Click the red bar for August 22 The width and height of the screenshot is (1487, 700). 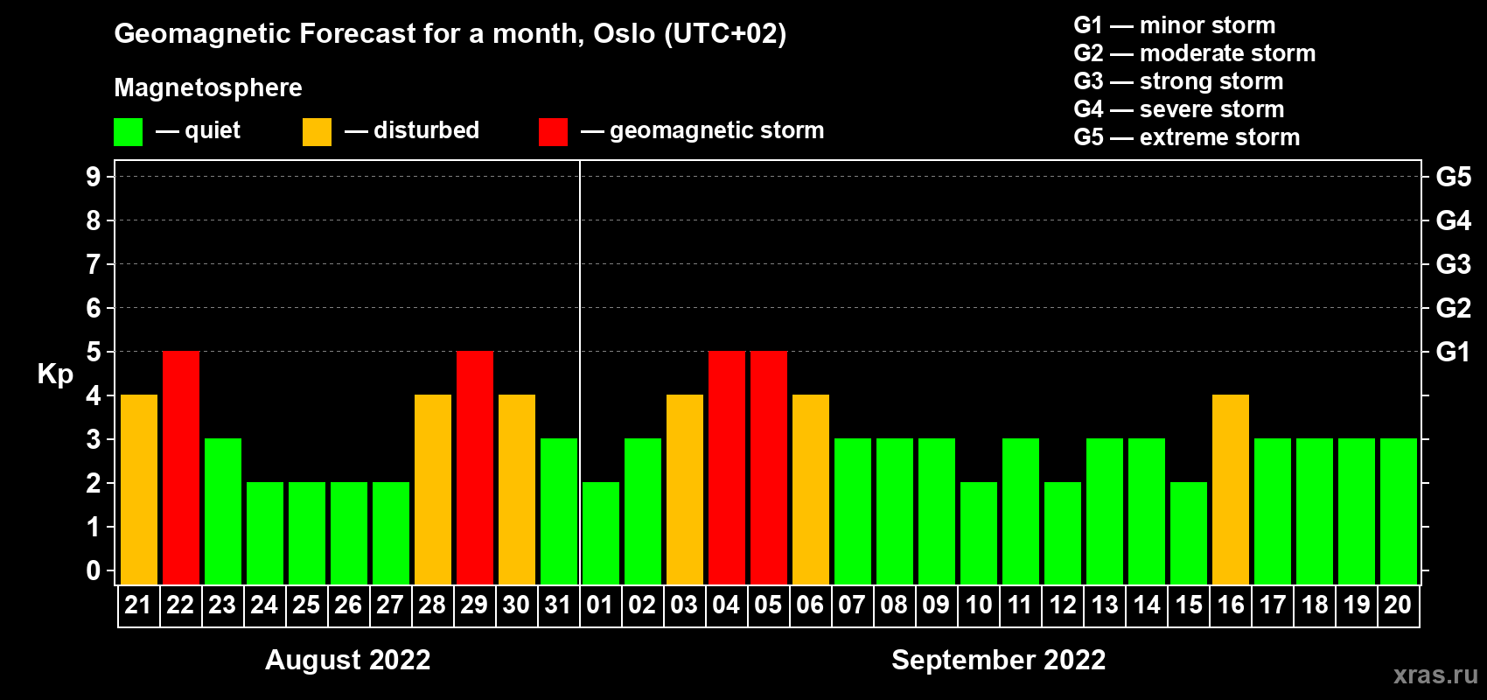[x=181, y=467]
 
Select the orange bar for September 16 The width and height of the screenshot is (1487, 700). [x=1231, y=489]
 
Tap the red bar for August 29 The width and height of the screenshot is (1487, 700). [x=475, y=467]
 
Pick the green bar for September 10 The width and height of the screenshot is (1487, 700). [x=979, y=533]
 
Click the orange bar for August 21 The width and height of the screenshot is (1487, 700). [x=139, y=489]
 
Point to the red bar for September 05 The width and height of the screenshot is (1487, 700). [x=769, y=467]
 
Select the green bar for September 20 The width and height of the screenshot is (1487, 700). [x=1399, y=511]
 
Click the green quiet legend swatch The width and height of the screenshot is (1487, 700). [x=128, y=131]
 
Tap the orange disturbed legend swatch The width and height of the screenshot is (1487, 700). [x=317, y=131]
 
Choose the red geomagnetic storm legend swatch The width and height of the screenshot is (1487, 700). [x=553, y=131]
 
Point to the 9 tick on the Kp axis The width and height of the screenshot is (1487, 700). [x=93, y=177]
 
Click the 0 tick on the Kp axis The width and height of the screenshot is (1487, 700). [x=93, y=570]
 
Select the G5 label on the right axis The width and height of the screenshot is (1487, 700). [x=1454, y=177]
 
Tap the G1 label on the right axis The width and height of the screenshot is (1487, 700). [x=1453, y=352]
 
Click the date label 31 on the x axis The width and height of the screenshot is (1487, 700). [x=558, y=605]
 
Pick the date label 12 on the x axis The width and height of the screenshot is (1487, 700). [x=1063, y=605]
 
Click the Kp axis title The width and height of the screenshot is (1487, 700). [x=55, y=374]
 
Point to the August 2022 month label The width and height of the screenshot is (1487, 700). [x=348, y=660]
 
